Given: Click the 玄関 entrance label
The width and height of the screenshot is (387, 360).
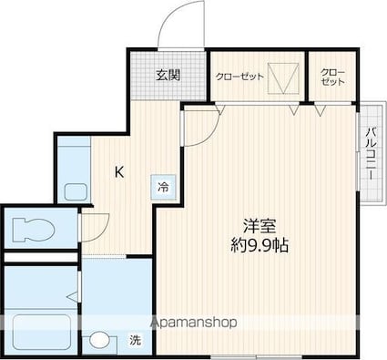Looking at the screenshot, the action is (x=168, y=75).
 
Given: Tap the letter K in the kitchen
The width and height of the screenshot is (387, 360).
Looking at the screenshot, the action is (x=119, y=172).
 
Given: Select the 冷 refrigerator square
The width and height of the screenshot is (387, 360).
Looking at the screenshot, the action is (x=163, y=187).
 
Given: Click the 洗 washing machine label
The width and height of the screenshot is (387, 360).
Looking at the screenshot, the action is (x=136, y=341).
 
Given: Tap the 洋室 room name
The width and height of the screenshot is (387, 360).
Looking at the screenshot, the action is (x=260, y=225).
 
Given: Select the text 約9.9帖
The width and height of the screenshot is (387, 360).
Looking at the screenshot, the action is (x=260, y=245).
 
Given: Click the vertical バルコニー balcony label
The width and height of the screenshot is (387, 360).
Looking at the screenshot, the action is (x=371, y=153).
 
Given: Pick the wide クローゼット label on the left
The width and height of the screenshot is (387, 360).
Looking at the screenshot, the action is (x=239, y=77).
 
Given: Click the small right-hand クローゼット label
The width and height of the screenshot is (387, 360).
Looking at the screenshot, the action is (x=333, y=77).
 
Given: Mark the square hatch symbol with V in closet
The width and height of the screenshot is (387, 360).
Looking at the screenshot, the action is (x=283, y=78).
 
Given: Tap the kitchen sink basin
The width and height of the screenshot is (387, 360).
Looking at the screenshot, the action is (x=76, y=192).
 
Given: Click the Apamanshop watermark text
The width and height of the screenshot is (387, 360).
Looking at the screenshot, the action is (x=194, y=323).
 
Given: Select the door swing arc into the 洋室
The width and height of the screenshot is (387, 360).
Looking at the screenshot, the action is (x=210, y=133).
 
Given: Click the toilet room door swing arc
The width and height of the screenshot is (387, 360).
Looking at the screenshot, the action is (x=102, y=231).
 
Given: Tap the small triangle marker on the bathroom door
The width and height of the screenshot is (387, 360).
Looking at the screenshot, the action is (x=73, y=297).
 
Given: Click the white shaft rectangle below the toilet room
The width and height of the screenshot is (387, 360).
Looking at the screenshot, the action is (x=40, y=258).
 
